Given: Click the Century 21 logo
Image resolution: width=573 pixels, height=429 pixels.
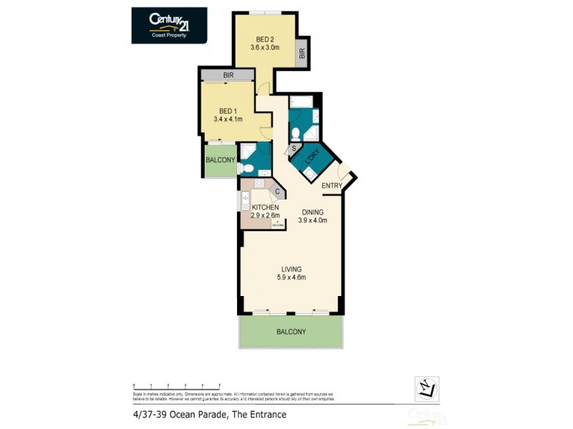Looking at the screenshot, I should [169, 25].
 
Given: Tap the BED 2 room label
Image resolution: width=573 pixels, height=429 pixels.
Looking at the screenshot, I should [264, 43].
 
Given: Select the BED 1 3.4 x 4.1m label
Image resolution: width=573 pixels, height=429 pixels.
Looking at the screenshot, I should [228, 115].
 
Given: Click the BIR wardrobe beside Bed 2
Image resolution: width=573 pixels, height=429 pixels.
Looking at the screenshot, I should [302, 54].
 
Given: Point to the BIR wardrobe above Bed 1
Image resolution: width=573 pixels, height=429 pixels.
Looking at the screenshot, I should [227, 74].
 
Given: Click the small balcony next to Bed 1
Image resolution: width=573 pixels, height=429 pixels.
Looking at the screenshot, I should [220, 160].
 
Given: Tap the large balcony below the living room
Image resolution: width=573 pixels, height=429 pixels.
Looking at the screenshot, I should [291, 332].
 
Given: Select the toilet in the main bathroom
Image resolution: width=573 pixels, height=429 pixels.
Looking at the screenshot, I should [295, 132].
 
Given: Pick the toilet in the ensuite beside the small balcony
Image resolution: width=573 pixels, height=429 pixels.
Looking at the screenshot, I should [245, 169].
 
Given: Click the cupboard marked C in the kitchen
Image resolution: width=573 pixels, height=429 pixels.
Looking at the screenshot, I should [276, 191].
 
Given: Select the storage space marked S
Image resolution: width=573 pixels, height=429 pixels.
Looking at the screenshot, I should [294, 149].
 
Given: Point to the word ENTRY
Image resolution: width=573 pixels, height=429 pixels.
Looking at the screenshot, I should [332, 186].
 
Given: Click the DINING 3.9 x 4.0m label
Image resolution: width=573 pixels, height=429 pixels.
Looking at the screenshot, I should [312, 216].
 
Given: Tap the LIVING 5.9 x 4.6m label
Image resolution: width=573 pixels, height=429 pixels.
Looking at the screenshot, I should [292, 273].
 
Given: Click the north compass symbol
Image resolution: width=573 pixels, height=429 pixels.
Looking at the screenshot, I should [427, 388].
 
